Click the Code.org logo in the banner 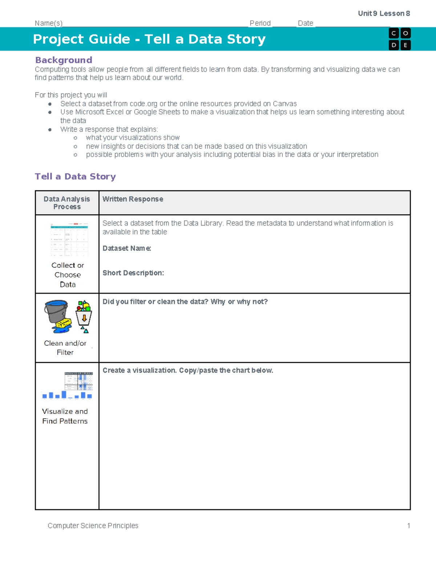tap(399, 39)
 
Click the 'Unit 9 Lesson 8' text tap(384, 13)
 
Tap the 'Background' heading tap(64, 60)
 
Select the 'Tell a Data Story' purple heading tap(75, 176)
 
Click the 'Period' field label tap(260, 23)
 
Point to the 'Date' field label tap(305, 23)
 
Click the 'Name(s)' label tap(48, 23)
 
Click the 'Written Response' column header tap(133, 199)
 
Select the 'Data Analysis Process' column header tap(67, 203)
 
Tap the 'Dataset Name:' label tap(126, 248)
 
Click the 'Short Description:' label tap(133, 273)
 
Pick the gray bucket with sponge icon tap(57, 316)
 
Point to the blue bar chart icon tap(67, 395)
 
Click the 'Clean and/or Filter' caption tap(65, 348)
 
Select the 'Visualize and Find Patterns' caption tap(65, 416)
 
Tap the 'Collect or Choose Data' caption tap(68, 275)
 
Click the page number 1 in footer tap(408, 526)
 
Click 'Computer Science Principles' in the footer tap(93, 526)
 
